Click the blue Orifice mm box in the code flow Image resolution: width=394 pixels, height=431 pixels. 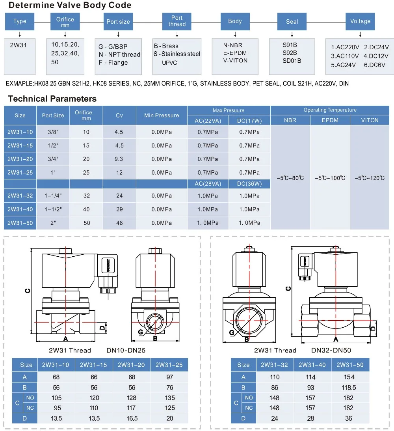pos(65,21)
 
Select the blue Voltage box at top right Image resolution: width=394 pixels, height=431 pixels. pos(360,21)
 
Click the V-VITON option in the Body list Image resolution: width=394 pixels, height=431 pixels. pos(235,60)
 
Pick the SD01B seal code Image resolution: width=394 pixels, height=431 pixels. pos(292,60)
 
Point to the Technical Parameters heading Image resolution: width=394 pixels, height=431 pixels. pos(52,99)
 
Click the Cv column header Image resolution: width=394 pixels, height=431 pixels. pos(119,115)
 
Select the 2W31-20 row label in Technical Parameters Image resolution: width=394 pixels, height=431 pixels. pos(20,159)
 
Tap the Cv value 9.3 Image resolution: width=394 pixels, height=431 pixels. pos(119,159)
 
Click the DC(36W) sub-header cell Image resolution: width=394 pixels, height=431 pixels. pos(249,184)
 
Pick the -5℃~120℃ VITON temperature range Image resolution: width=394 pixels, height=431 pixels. pos(369,178)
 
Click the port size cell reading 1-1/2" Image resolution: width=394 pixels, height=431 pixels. pos(53,209)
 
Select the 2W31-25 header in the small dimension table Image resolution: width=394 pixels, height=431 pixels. pos(170,365)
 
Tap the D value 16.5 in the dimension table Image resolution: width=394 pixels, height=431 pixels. pos(132,418)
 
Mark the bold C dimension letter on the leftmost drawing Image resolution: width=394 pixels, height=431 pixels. pos(27,291)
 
